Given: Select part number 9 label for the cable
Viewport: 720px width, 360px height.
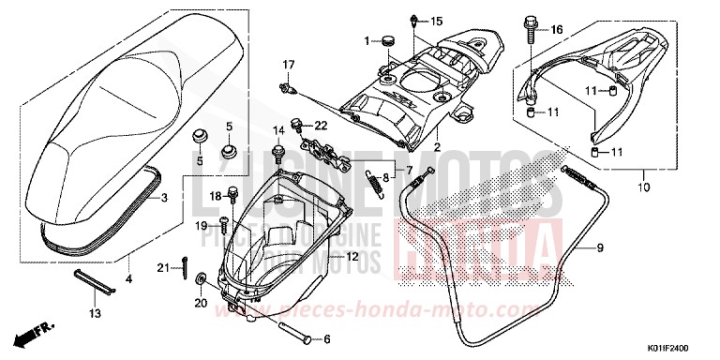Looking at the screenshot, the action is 599,248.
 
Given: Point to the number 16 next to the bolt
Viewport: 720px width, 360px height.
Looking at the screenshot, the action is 557,30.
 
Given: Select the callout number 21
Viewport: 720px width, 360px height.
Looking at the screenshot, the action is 163,269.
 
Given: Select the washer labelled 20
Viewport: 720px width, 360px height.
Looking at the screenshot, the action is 202,281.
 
